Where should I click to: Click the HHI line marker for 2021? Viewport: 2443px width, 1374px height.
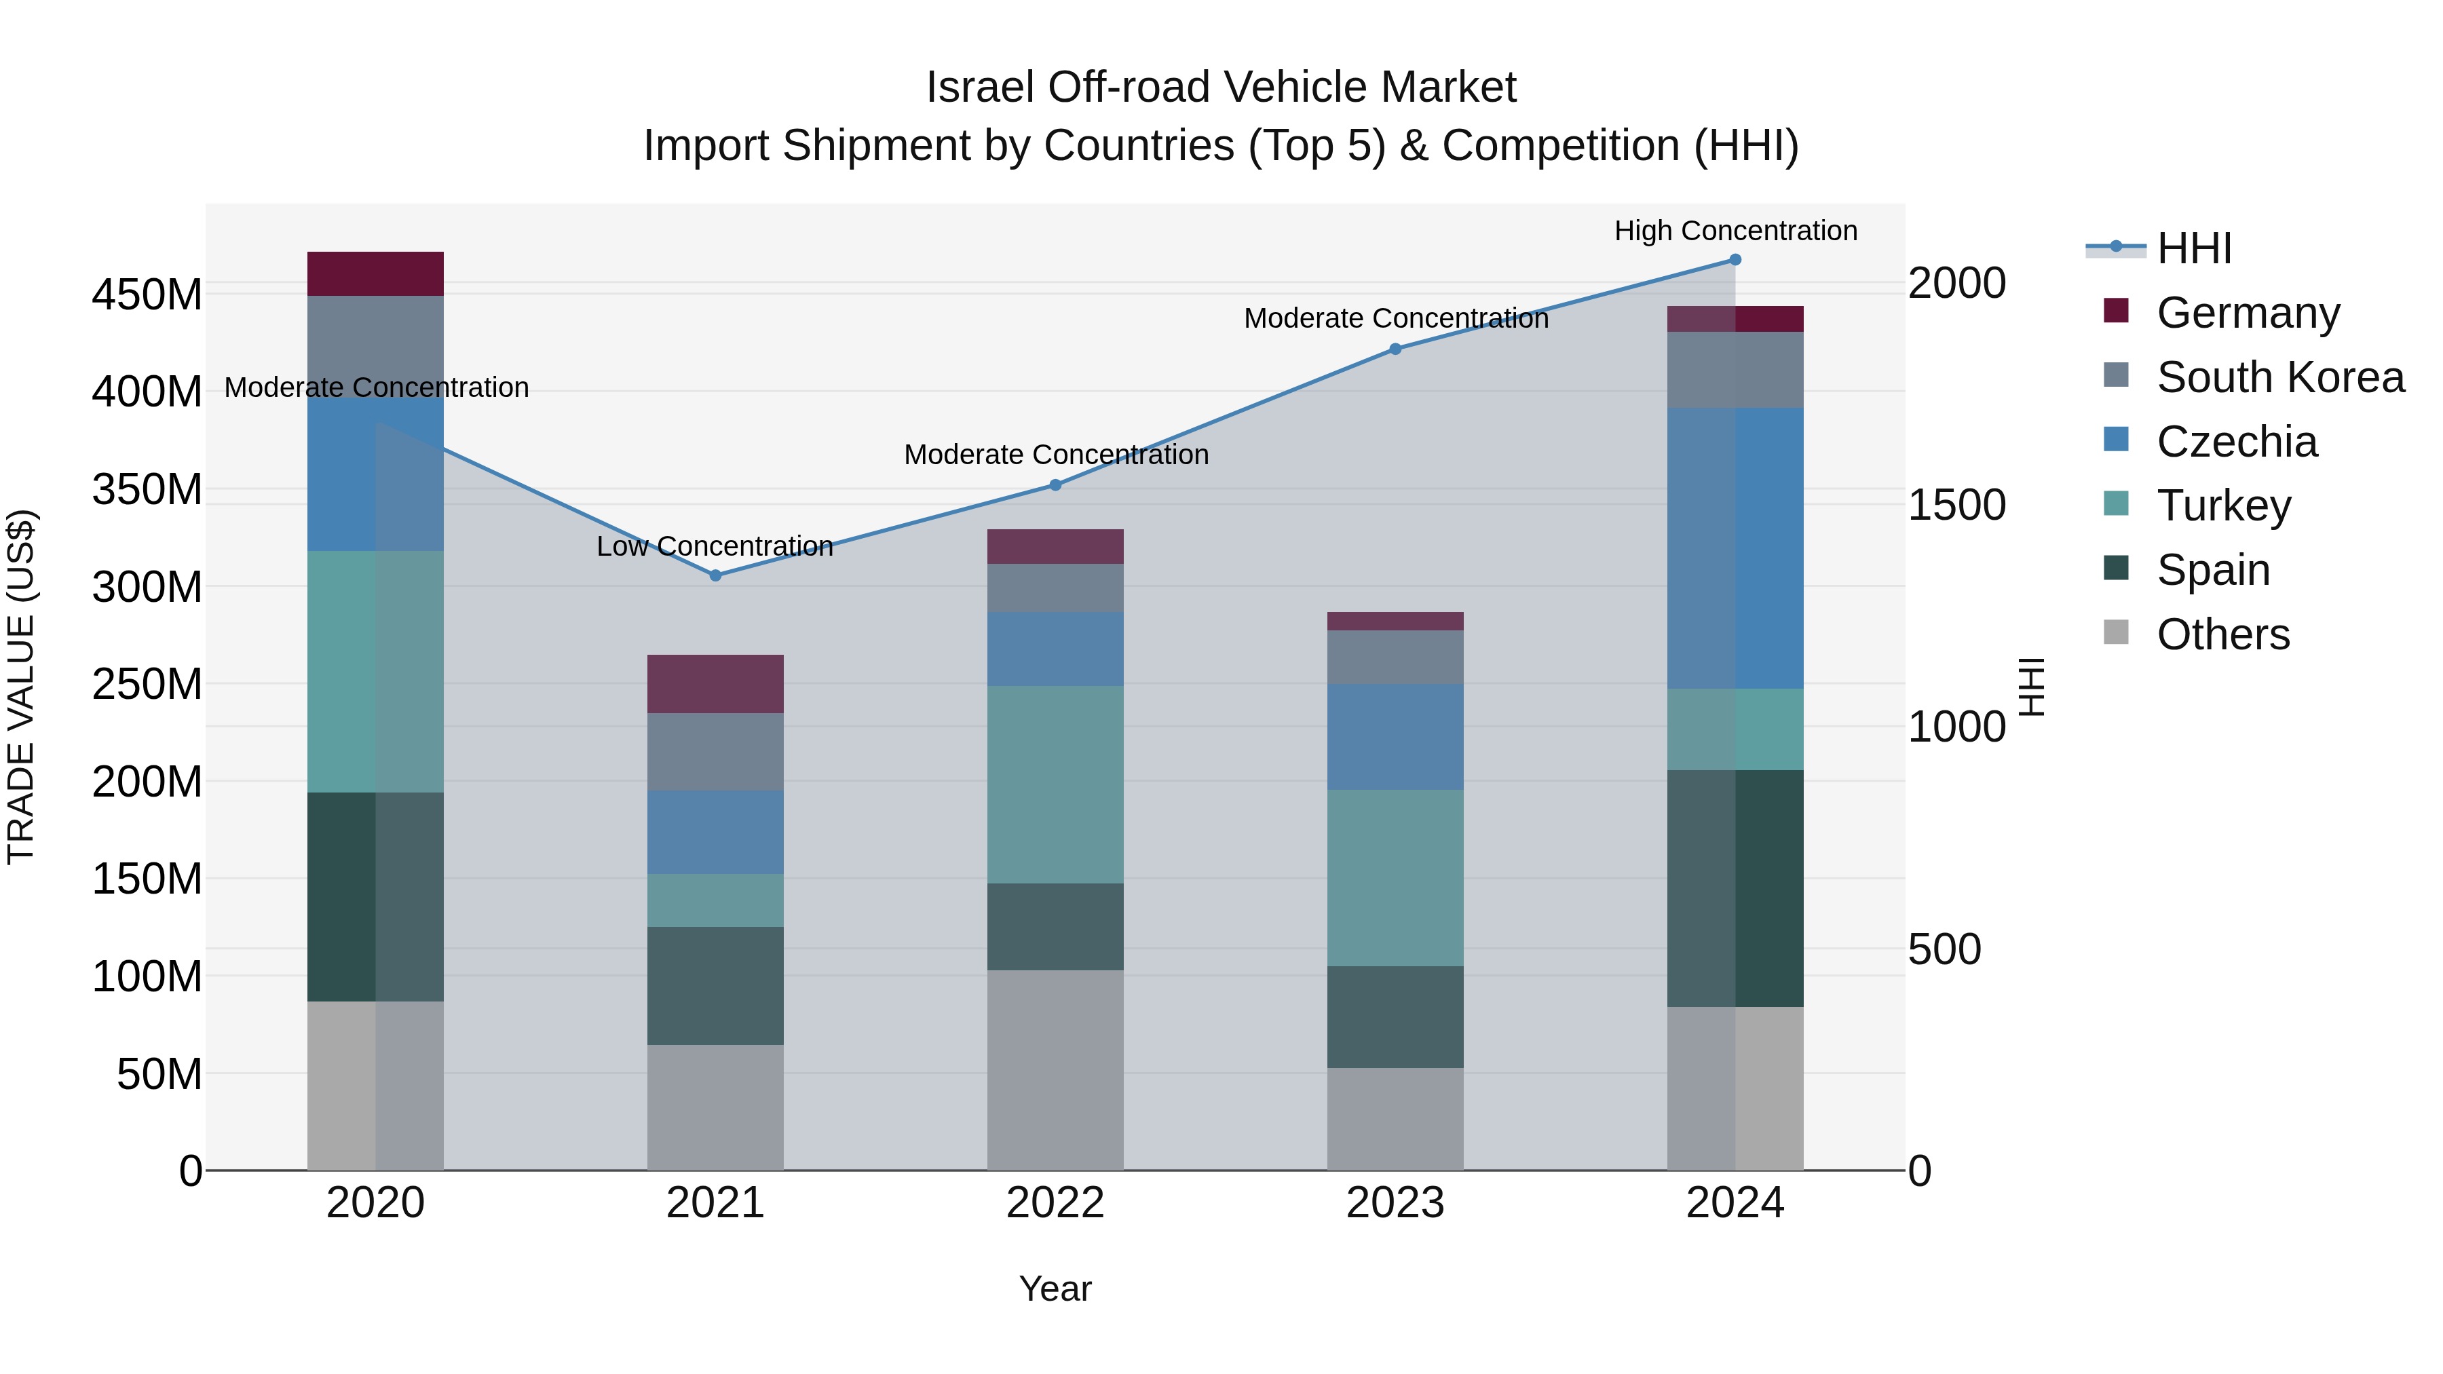[x=715, y=575]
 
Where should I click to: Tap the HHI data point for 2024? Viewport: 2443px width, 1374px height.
[x=1735, y=260]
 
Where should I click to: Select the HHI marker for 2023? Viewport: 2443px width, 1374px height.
[x=1395, y=349]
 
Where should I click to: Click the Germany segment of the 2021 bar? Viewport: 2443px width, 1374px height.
[x=715, y=684]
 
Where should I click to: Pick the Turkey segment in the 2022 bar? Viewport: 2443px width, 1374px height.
[x=1055, y=784]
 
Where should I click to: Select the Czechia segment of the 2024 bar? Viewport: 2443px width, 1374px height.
[x=1735, y=548]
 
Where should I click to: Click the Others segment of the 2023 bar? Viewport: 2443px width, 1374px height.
[x=1395, y=1119]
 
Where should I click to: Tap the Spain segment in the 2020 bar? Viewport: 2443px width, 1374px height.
[x=375, y=896]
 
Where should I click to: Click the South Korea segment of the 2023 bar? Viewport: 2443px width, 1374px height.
[x=1395, y=657]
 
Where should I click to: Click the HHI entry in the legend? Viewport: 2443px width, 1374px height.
[x=2193, y=248]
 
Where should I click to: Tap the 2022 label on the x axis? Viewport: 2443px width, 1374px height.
[x=1055, y=1203]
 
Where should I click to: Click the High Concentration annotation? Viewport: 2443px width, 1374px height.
[x=1735, y=231]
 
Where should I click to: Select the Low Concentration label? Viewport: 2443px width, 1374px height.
[x=715, y=546]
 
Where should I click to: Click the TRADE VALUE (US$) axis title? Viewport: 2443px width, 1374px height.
[x=22, y=687]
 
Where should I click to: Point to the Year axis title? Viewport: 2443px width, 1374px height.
[x=1055, y=1289]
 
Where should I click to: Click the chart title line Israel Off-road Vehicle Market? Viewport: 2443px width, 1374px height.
[x=1221, y=88]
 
